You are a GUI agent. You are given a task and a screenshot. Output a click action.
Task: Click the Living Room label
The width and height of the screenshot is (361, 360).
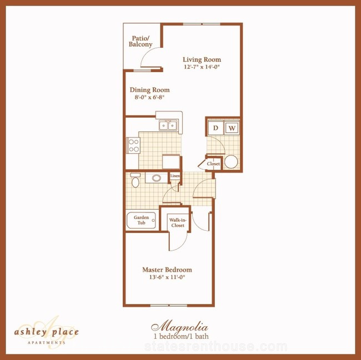(x=202, y=59)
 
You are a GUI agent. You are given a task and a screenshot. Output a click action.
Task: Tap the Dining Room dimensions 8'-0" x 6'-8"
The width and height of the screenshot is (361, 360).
(x=149, y=97)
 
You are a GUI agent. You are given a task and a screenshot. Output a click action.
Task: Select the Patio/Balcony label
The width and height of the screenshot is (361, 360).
(x=141, y=42)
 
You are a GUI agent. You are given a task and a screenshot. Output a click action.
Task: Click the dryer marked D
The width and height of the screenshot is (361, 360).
(x=215, y=128)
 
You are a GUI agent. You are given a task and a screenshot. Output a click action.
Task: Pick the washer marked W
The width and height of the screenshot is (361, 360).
(x=232, y=128)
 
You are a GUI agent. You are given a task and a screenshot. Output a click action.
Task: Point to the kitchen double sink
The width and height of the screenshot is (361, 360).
(x=168, y=125)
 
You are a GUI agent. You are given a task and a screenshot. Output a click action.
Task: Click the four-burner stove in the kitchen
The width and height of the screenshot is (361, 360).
(x=133, y=145)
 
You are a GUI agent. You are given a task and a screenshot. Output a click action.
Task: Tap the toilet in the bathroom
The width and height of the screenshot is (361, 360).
(x=136, y=180)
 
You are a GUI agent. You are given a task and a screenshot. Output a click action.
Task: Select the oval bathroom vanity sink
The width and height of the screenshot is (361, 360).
(x=157, y=178)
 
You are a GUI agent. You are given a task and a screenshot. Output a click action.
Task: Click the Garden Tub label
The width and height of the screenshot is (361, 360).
(x=142, y=220)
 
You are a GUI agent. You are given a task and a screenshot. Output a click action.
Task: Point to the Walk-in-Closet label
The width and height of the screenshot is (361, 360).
(x=178, y=223)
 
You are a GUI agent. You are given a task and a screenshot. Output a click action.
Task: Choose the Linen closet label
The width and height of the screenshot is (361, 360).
(x=175, y=176)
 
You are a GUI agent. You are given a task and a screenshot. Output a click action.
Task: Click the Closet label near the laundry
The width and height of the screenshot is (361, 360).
(x=213, y=164)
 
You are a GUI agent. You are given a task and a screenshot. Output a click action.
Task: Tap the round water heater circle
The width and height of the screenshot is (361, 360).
(x=231, y=161)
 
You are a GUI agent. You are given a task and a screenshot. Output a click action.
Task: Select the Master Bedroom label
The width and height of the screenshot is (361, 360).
(x=167, y=270)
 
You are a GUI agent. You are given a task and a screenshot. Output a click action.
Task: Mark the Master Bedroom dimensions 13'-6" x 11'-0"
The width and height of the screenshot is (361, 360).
(x=167, y=277)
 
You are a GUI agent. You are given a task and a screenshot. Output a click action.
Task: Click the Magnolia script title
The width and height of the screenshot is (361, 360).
(x=179, y=327)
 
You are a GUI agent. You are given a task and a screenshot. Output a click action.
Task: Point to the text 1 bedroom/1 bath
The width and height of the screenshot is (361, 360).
(x=181, y=336)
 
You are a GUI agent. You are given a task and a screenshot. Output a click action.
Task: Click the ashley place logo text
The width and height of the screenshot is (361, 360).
(x=47, y=332)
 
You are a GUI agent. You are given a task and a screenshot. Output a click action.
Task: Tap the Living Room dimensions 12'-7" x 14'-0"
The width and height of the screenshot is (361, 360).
(x=202, y=67)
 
